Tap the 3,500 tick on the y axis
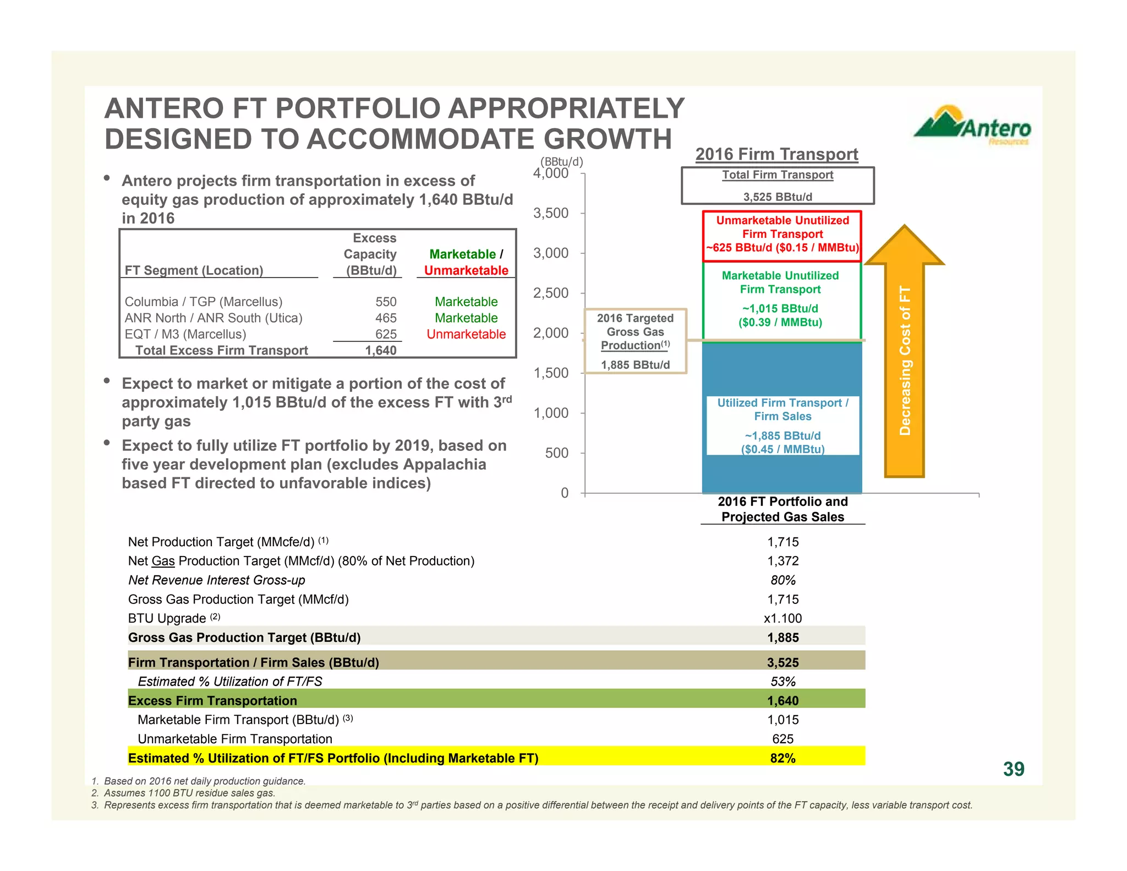[x=551, y=214]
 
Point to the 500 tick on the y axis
[x=556, y=453]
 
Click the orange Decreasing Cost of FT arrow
[x=904, y=352]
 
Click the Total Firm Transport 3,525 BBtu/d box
[x=778, y=186]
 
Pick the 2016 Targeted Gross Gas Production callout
[x=635, y=341]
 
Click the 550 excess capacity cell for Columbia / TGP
[x=386, y=302]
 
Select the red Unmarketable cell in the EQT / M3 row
[x=466, y=334]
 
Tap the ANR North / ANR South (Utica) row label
[x=214, y=318]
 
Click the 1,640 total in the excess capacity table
[x=381, y=351]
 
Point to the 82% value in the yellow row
[x=783, y=758]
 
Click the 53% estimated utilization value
[x=783, y=682]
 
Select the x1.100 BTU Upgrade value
[x=783, y=618]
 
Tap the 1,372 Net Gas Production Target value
[x=783, y=561]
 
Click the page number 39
[x=1013, y=769]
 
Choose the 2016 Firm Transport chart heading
[x=776, y=154]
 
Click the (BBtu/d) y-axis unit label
[x=561, y=162]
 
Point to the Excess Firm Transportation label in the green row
[x=212, y=701]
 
